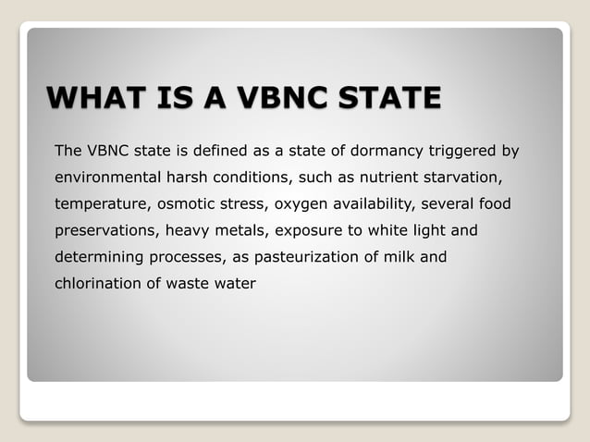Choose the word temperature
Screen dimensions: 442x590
pyautogui.click(x=100, y=203)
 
